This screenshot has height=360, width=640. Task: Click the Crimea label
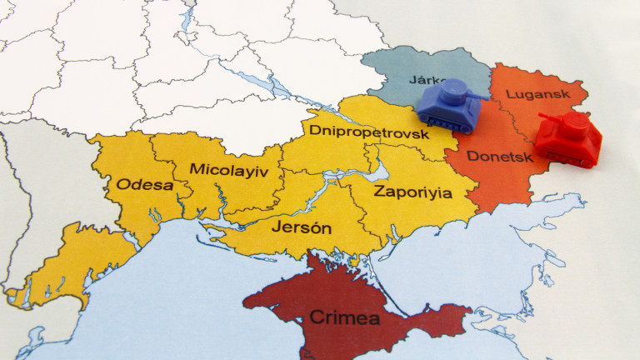pyautogui.click(x=344, y=317)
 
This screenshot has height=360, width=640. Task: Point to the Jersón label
pyautogui.click(x=301, y=227)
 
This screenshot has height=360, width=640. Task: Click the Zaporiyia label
pyautogui.click(x=412, y=192)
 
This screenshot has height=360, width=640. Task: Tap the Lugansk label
pyautogui.click(x=533, y=95)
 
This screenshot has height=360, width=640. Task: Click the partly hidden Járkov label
pyautogui.click(x=425, y=80)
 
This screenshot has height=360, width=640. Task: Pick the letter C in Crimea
pyautogui.click(x=317, y=317)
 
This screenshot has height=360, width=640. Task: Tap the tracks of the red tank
pyautogui.click(x=567, y=158)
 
